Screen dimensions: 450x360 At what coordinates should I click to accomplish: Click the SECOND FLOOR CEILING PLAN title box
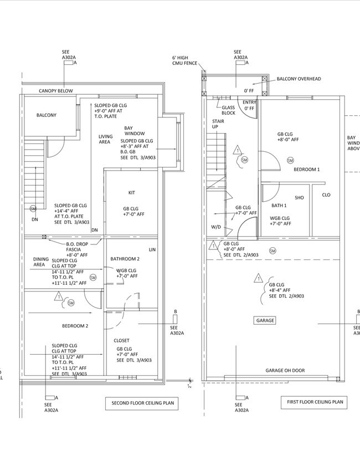[x=141, y=404]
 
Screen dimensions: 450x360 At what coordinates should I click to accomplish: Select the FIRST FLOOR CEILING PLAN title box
[x=315, y=402]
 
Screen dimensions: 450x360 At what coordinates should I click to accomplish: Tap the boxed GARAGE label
[x=265, y=320]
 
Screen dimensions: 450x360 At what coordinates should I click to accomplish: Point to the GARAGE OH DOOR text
[x=285, y=370]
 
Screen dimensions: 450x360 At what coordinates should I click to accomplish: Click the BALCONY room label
[x=47, y=115]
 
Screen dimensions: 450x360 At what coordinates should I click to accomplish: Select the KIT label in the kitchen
[x=132, y=193]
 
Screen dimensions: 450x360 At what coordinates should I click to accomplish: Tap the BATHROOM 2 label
[x=125, y=259]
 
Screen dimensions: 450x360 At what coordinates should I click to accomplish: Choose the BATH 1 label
[x=279, y=206]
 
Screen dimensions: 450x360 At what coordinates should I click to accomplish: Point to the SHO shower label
[x=299, y=197]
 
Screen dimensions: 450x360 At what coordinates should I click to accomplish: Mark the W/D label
[x=216, y=227]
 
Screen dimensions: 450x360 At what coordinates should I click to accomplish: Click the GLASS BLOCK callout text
[x=228, y=110]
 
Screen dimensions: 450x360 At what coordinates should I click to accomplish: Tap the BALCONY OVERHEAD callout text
[x=299, y=79]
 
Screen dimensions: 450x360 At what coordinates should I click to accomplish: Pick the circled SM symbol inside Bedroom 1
[x=290, y=160]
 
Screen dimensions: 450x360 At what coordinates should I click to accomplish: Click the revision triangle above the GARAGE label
[x=258, y=278]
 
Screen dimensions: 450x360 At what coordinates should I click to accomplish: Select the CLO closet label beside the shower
[x=326, y=195]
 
